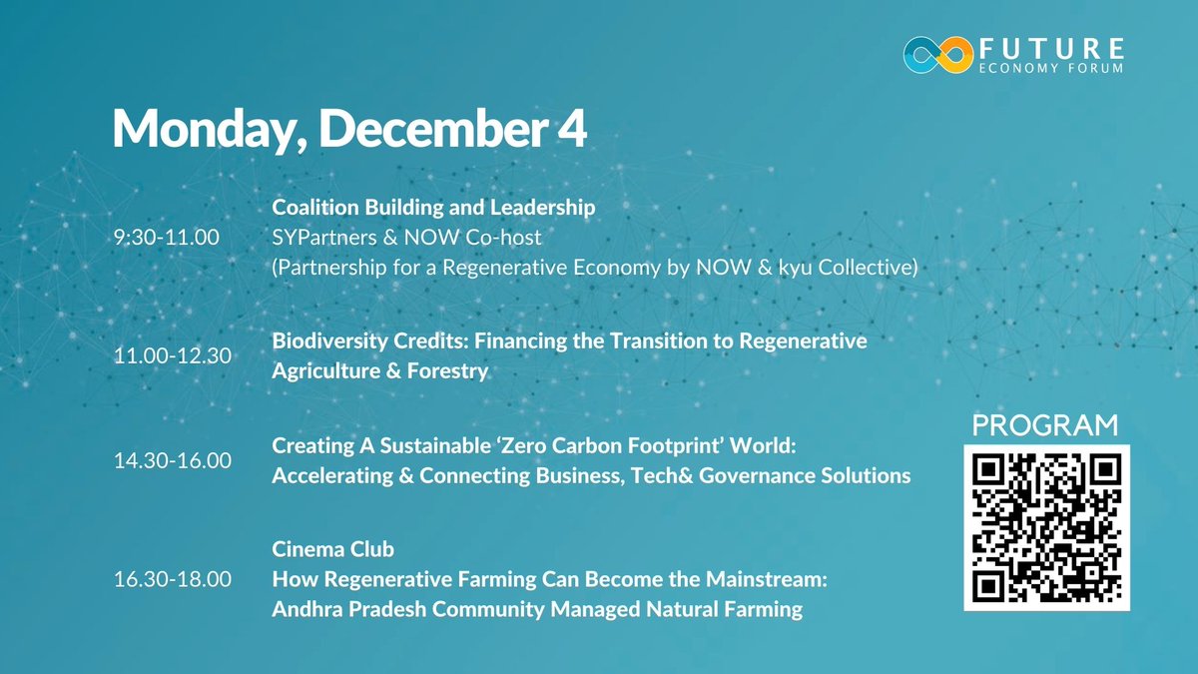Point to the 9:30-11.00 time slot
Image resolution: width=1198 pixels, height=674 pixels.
[x=170, y=239]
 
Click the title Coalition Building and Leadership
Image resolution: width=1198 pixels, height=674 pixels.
[x=433, y=208]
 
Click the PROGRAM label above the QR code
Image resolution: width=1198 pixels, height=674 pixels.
[x=1046, y=424]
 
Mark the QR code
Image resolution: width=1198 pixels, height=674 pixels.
[x=1046, y=526]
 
